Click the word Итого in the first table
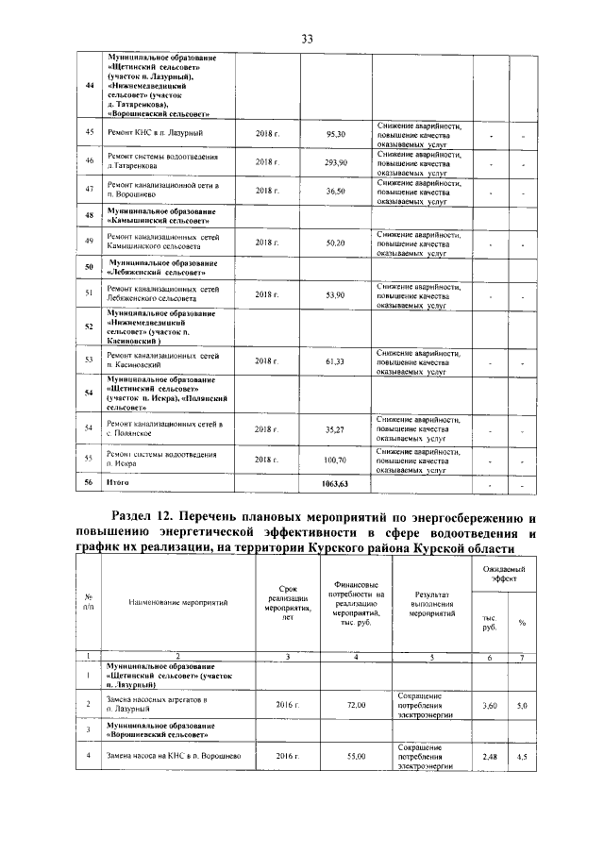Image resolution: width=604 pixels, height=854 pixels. (118, 484)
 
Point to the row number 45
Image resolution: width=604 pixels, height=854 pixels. (89, 134)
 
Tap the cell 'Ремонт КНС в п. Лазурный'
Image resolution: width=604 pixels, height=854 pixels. (156, 134)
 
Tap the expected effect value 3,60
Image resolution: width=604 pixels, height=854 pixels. (490, 705)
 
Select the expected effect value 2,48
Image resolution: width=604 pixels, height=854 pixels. (490, 758)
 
